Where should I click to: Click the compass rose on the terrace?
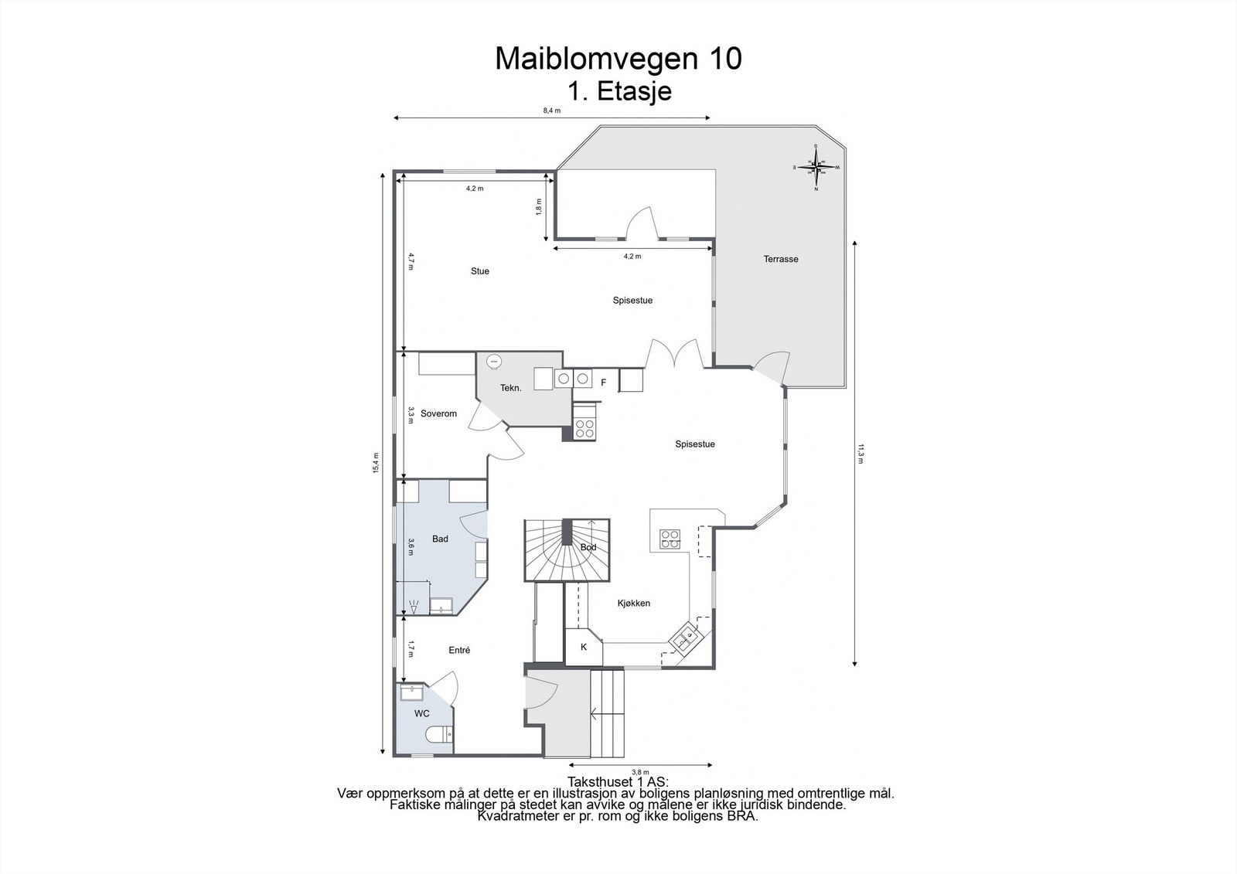click(816, 166)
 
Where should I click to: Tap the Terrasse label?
click(781, 259)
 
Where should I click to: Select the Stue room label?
click(480, 271)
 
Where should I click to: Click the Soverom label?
click(438, 413)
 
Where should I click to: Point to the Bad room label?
click(440, 539)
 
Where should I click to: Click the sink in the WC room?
click(412, 692)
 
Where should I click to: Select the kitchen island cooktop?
click(670, 539)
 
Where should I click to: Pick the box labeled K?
click(584, 647)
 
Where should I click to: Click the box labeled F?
click(604, 383)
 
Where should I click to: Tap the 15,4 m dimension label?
click(376, 463)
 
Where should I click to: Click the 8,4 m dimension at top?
click(551, 111)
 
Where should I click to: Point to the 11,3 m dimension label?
click(860, 453)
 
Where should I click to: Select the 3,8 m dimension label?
click(640, 771)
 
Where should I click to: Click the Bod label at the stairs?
click(588, 547)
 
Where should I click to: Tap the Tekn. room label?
click(510, 388)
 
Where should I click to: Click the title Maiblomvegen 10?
click(618, 59)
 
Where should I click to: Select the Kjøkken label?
click(633, 603)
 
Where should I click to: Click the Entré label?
click(459, 651)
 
